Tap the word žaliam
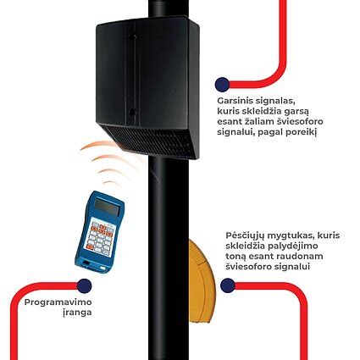tap(256, 121)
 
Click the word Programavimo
tap(58, 302)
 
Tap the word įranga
tap(77, 313)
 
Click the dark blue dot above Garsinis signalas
tap(222, 84)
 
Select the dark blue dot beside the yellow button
tap(228, 285)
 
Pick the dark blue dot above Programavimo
tap(84, 285)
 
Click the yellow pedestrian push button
tap(202, 281)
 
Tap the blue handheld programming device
tap(99, 231)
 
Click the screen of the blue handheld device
tap(108, 207)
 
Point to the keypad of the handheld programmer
tap(100, 238)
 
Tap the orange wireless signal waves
tap(108, 163)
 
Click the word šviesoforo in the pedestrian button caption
tap(246, 267)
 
